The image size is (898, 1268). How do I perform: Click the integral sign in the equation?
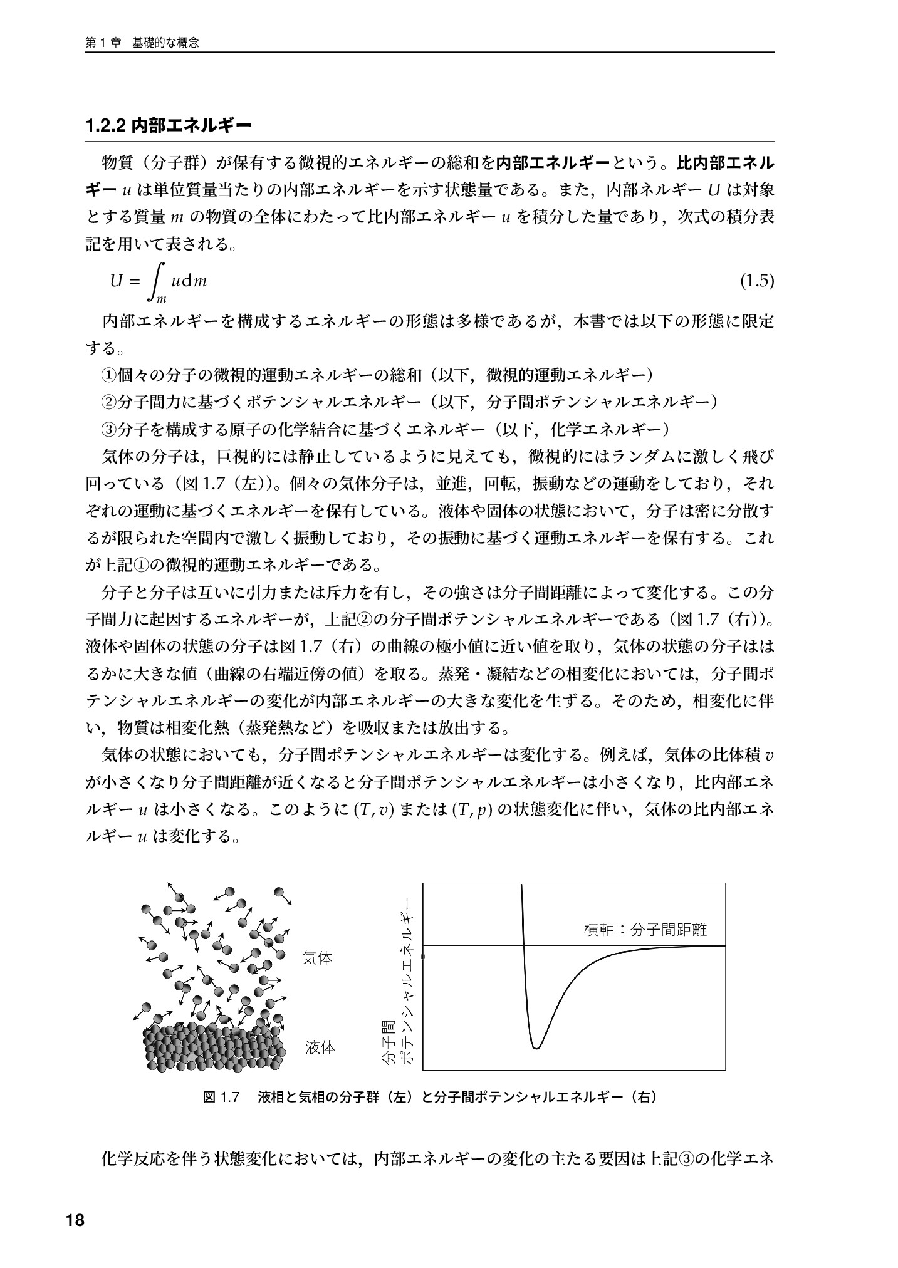(x=159, y=281)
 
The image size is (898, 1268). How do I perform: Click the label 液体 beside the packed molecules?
(x=320, y=1047)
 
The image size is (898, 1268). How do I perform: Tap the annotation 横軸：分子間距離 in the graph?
(x=645, y=930)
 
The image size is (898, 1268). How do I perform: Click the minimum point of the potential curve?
(x=536, y=1047)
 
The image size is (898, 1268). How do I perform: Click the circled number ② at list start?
(x=109, y=402)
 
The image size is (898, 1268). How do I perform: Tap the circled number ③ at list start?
(x=109, y=430)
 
